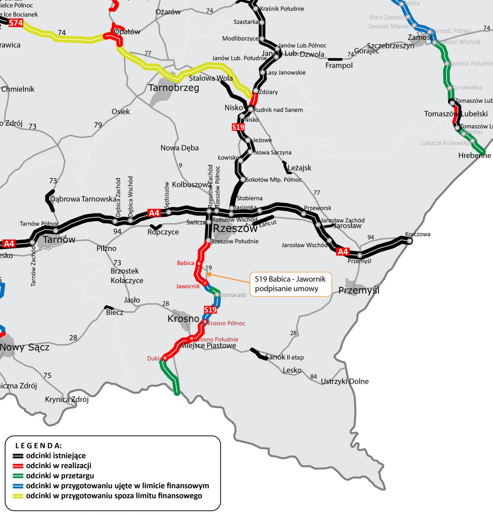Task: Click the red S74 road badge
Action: click(x=16, y=23)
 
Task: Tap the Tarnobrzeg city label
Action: click(x=173, y=88)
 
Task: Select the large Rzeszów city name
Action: click(x=235, y=228)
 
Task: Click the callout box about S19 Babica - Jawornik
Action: click(x=290, y=284)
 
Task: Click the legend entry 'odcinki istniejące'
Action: click(x=56, y=456)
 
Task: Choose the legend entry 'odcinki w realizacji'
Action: click(x=58, y=466)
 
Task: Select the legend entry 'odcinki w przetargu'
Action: click(x=60, y=476)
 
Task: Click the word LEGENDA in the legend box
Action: click(x=38, y=445)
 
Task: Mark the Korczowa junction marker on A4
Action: click(x=409, y=241)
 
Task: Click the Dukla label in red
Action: click(x=154, y=358)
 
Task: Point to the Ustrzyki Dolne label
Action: click(x=345, y=381)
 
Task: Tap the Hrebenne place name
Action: click(x=475, y=155)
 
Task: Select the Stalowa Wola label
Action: click(x=210, y=78)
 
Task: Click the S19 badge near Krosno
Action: click(x=210, y=310)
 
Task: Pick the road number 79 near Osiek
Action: click(x=98, y=125)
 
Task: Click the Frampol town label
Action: click(x=339, y=65)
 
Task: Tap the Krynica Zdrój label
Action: click(x=67, y=399)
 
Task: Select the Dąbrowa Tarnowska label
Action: click(x=83, y=199)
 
